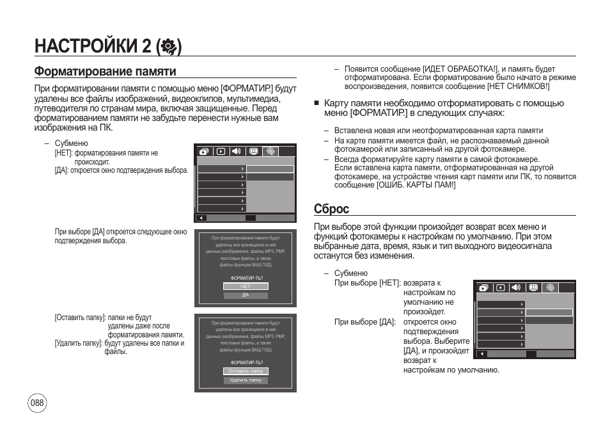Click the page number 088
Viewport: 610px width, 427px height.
[37, 403]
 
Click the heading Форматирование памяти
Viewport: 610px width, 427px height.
[105, 71]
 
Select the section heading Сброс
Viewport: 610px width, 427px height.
[331, 209]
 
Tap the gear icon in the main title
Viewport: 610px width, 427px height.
[169, 46]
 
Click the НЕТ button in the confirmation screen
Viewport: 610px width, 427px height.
[245, 287]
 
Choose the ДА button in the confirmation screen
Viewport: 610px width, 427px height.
[245, 296]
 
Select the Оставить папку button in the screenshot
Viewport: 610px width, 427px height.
[246, 371]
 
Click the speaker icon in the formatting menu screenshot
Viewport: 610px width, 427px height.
[237, 152]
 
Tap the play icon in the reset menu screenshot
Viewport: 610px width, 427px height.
[500, 288]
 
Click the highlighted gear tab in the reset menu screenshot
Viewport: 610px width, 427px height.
[550, 288]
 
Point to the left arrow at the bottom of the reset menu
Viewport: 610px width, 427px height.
[481, 353]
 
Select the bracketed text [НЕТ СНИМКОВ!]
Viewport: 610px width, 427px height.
[518, 86]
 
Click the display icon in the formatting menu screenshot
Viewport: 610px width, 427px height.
[253, 152]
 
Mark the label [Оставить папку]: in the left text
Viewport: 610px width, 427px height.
[80, 318]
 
